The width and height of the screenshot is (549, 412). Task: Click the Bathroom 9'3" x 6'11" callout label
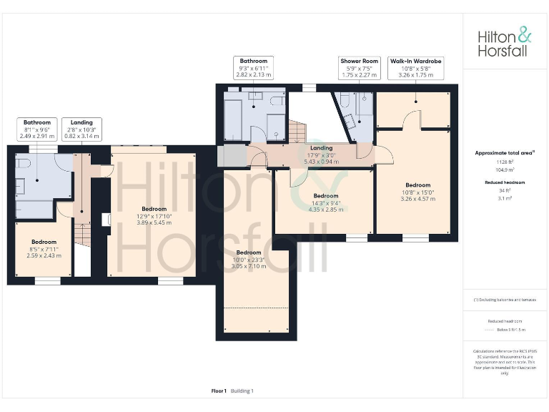pos(253,67)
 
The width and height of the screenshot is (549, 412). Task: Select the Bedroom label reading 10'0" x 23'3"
pos(249,259)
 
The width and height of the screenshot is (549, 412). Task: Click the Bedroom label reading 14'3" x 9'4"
pos(325,202)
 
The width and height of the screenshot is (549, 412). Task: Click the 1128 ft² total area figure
pos(505,163)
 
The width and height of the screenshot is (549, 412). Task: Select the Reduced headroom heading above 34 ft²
pos(505,182)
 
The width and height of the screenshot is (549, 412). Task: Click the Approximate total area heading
pos(505,153)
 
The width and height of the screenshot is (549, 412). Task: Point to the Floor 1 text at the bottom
pos(219,391)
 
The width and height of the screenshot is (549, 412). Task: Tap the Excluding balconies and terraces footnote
pos(505,299)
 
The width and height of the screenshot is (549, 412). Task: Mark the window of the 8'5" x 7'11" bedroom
pos(47,281)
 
